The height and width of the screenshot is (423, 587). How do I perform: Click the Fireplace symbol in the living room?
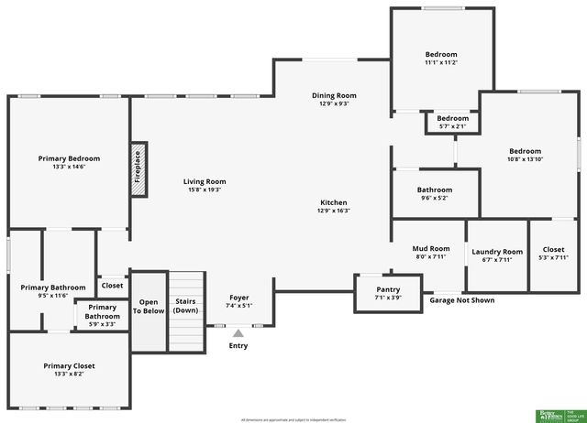pos(138,167)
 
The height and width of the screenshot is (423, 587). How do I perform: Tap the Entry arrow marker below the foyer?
pos(238,333)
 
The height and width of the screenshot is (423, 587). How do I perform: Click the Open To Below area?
pos(148,311)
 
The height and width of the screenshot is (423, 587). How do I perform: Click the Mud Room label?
pos(430,248)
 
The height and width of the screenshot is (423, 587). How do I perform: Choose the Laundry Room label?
pos(497,252)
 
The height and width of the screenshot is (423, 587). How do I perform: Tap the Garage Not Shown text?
pos(461,300)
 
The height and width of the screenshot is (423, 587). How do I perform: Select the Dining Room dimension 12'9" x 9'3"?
pos(334,103)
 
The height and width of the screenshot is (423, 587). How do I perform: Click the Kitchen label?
pos(333,202)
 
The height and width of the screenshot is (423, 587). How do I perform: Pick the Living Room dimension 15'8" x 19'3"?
pos(205,190)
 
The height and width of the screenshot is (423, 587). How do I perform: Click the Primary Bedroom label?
pos(69,158)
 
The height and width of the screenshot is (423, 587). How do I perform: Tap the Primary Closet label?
pos(69,366)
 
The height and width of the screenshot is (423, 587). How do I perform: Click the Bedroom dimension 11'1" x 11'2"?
pos(441,62)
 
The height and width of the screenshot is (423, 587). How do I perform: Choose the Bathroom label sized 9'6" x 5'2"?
pos(436,190)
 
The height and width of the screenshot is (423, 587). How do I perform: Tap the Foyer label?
pos(239,297)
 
